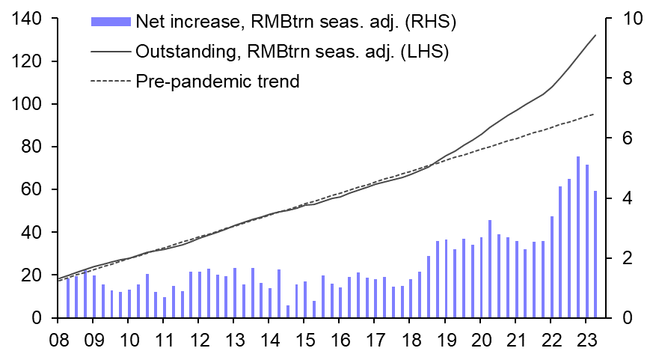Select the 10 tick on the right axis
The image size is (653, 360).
point(625,19)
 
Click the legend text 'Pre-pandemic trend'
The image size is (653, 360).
point(218,81)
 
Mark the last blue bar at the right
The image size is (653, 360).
point(595,254)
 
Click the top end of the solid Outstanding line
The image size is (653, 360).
point(595,35)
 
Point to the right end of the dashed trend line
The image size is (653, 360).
point(595,114)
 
